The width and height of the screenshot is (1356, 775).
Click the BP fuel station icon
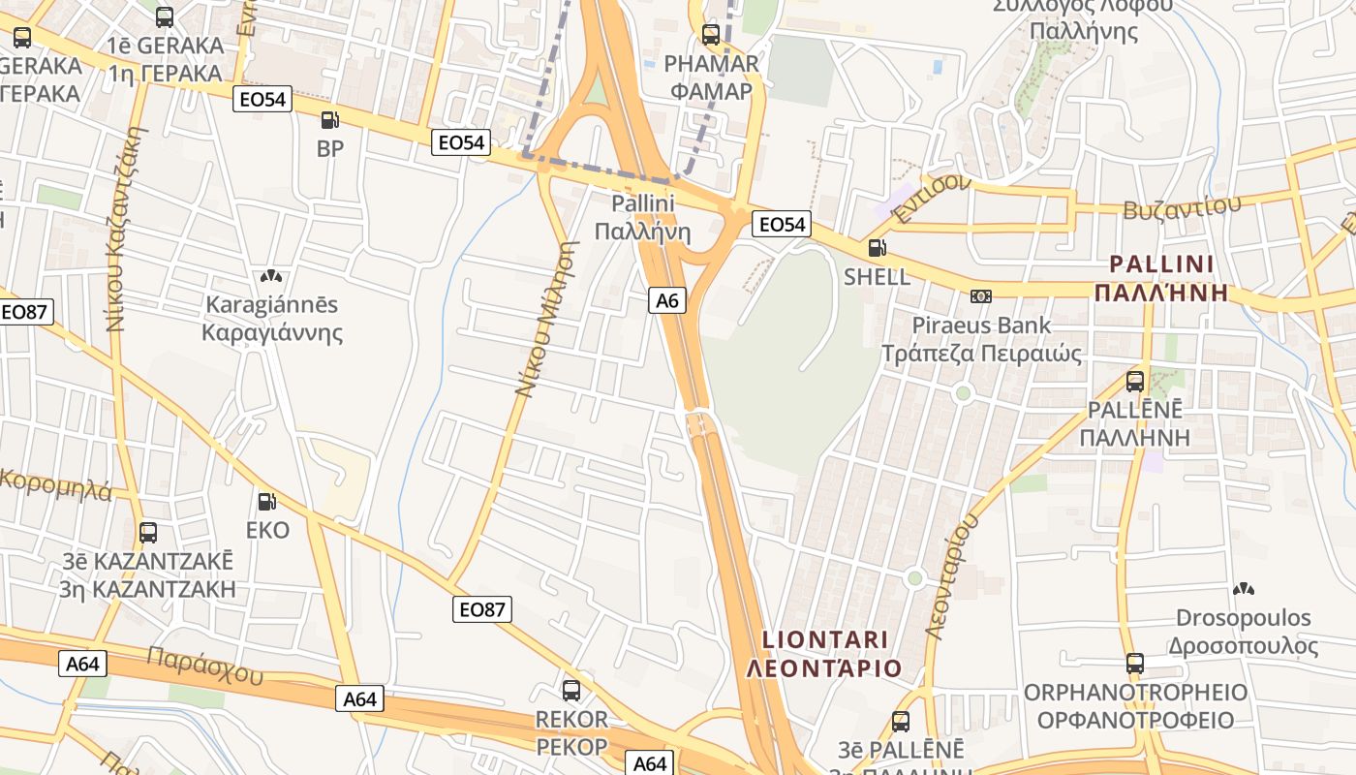pyautogui.click(x=329, y=120)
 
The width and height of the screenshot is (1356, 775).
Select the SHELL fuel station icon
pyautogui.click(x=877, y=248)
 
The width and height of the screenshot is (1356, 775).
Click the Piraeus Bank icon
pyautogui.click(x=981, y=295)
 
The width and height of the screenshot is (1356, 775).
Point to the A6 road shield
pyautogui.click(x=667, y=300)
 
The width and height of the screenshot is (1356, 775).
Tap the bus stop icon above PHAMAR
pyautogui.click(x=711, y=35)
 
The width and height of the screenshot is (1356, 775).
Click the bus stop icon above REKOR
pyautogui.click(x=571, y=691)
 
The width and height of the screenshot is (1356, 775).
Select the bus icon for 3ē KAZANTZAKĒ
pyautogui.click(x=148, y=532)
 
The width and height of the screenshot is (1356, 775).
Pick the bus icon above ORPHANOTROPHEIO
pyautogui.click(x=1135, y=664)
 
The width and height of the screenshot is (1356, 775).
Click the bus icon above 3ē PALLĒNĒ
pyautogui.click(x=901, y=721)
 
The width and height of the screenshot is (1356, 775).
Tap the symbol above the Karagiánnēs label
pyautogui.click(x=271, y=276)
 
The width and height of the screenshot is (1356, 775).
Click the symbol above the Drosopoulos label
pyautogui.click(x=1243, y=588)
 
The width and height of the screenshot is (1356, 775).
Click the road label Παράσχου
pyautogui.click(x=204, y=666)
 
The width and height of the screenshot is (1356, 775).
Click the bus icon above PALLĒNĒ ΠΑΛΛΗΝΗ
pyautogui.click(x=1135, y=382)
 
